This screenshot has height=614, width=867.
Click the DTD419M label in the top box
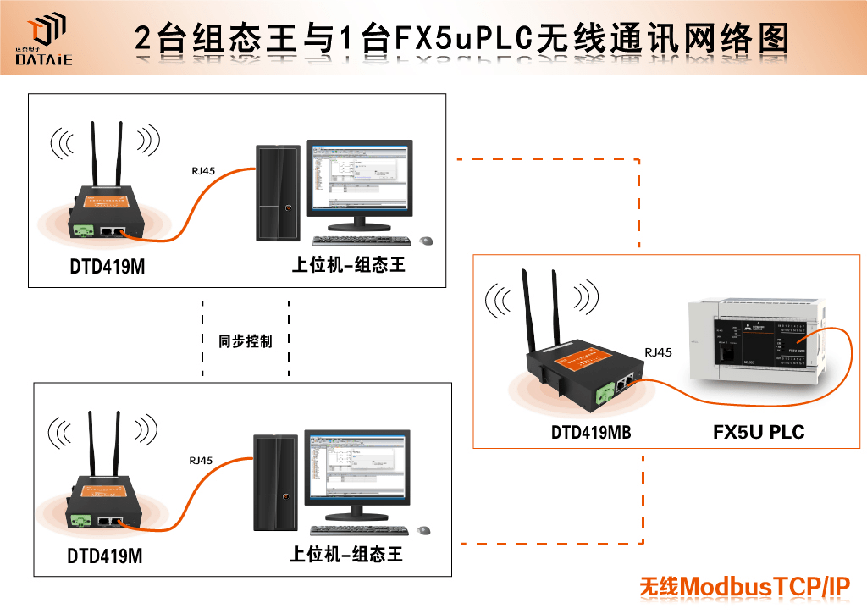108,268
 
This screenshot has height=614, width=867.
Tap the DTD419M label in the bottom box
105,557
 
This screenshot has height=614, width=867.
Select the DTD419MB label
591,433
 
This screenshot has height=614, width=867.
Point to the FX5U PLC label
759,433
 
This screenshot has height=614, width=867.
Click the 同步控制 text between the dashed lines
246,341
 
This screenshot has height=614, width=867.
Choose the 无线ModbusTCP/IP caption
744,586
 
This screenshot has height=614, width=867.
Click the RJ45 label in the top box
203,171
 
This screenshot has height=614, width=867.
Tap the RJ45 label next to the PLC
658,352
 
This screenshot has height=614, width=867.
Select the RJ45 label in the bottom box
201,461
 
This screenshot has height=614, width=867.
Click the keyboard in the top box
360,241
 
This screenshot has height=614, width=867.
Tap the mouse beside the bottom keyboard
423,530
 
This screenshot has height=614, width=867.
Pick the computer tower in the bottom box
276,483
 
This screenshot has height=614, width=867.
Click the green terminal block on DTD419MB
607,392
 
